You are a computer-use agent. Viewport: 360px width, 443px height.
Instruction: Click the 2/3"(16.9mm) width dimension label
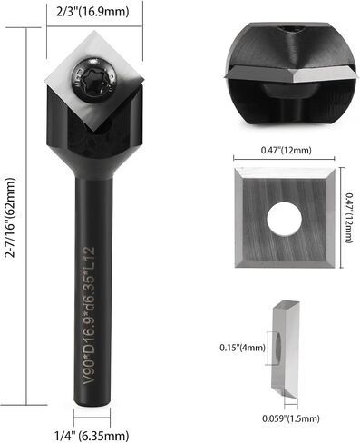[92, 12]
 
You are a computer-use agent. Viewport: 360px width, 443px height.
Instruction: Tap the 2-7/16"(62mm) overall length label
[10, 217]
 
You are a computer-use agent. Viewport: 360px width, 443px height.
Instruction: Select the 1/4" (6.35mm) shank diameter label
[92, 436]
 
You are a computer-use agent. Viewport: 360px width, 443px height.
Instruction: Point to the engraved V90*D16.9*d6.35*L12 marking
[89, 316]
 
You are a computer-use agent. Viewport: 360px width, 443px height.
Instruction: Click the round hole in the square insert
[284, 218]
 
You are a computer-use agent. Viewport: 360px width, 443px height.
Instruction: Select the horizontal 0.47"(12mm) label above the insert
[286, 150]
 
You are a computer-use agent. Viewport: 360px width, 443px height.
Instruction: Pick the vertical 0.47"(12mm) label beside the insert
[349, 218]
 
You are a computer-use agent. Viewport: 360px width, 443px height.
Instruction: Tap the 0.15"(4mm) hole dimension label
[242, 348]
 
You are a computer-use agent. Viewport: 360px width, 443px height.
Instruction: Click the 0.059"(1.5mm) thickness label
[291, 418]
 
